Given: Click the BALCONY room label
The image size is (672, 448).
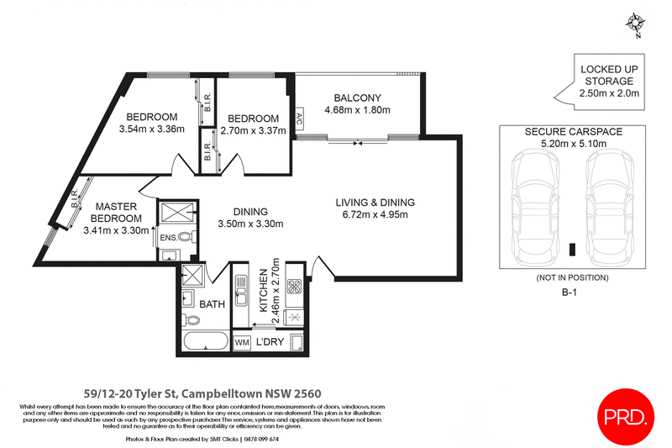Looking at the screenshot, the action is tap(358, 98).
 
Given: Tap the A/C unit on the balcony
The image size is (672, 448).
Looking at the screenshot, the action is tap(299, 119).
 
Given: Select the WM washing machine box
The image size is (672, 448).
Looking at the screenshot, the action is tap(242, 343).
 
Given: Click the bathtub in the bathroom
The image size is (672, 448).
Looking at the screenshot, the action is tap(206, 341).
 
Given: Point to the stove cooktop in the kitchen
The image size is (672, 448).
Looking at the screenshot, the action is tap(295, 286).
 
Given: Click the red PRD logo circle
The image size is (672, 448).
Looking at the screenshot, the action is tap(626, 416).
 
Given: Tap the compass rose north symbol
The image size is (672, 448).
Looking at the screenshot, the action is tap(636, 23).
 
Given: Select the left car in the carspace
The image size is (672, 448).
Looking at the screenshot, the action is tap(536, 208).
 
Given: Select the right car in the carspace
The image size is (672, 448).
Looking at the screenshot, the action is tap(610, 208).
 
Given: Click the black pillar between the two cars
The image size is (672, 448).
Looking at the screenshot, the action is tap(572, 250).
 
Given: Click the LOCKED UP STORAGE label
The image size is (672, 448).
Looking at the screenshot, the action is tap(609, 75).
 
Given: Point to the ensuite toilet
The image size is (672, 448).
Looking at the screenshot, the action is tap(186, 236).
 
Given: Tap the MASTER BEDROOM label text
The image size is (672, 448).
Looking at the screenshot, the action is tap(116, 212).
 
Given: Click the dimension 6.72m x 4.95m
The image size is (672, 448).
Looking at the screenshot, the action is tap(375, 214).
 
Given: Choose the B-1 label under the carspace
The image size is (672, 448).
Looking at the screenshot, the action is tap(570, 293).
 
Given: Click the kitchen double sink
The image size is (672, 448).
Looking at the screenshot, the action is tap(241, 290).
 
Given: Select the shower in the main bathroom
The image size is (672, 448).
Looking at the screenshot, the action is tap(193, 276).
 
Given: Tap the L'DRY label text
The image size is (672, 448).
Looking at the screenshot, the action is tap(270, 342).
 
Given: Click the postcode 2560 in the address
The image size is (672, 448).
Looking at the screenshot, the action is tap(307, 393).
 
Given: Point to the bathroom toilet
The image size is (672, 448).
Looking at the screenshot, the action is tap(192, 319).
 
